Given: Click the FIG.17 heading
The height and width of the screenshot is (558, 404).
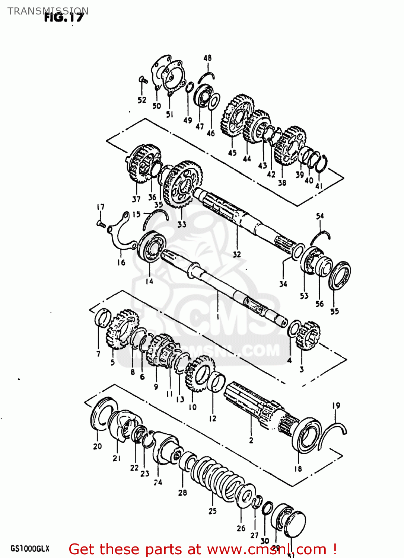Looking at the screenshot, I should (64, 17).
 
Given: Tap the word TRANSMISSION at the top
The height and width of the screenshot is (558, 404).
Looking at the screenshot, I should (48, 11).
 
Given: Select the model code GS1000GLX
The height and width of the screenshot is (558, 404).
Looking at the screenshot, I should (30, 549).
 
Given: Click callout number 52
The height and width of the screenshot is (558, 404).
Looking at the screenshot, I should (142, 100).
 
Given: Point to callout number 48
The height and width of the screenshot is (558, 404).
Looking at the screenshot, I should (207, 58).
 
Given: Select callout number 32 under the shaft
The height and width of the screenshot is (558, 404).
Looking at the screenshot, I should (237, 254).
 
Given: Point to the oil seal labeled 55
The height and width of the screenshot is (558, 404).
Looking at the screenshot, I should (339, 276).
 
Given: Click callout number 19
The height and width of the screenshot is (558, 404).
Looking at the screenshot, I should (336, 405).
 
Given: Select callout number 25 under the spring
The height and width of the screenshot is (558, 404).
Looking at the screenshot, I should (212, 511).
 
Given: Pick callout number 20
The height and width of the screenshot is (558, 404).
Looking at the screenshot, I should (97, 446).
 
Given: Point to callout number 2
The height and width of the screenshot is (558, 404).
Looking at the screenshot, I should (251, 440).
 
